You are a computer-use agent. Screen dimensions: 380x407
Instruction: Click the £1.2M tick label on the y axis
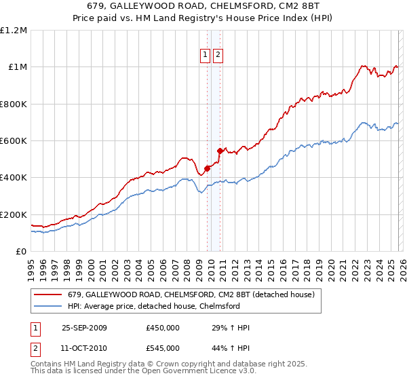[14, 31]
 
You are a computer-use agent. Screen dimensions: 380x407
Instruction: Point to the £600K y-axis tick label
[14, 141]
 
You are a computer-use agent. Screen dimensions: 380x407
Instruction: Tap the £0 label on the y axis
[21, 251]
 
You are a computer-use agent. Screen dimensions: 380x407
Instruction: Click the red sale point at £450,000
[208, 168]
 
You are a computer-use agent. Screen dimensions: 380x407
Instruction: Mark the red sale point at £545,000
[220, 151]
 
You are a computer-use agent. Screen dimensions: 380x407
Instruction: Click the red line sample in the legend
[48, 295]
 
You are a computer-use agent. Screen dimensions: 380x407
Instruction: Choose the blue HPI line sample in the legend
[48, 307]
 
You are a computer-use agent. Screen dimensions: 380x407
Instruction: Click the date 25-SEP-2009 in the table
[84, 328]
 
